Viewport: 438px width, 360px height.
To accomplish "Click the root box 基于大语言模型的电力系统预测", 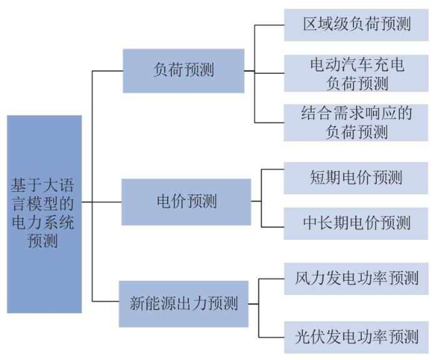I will click(44, 214).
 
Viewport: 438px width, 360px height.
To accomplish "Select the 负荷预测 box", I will click(183, 71).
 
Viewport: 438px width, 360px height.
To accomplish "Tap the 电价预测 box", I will click(186, 202).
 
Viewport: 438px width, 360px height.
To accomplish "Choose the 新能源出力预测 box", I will click(183, 304).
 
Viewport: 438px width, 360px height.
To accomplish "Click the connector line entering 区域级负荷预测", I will click(269, 25).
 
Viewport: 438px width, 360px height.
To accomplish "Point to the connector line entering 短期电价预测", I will click(273, 169).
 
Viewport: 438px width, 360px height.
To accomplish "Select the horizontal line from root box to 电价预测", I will click(101, 202).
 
